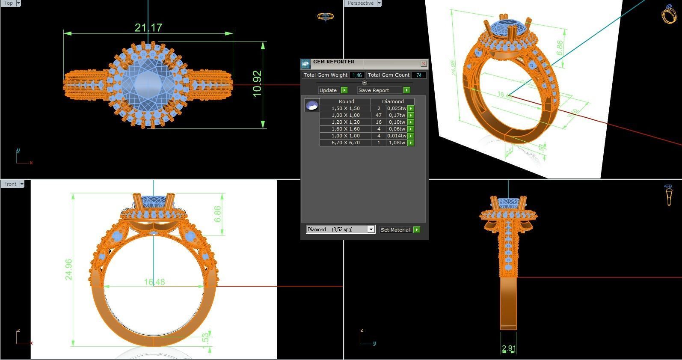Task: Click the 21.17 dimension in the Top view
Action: click(x=148, y=28)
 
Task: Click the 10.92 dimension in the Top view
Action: click(x=257, y=84)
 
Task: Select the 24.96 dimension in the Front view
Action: click(x=68, y=269)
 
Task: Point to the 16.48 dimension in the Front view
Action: click(x=154, y=282)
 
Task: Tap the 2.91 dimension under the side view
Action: click(x=508, y=348)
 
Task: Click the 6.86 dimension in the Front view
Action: click(x=218, y=214)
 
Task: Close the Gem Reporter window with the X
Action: click(x=424, y=63)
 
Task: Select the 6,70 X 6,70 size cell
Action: click(x=345, y=143)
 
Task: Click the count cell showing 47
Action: click(x=378, y=115)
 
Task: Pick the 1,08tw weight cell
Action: click(x=396, y=143)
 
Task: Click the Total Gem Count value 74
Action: click(x=418, y=75)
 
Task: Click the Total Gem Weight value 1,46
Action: click(x=357, y=75)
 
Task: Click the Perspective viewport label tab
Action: click(x=360, y=3)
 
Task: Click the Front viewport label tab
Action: click(x=10, y=184)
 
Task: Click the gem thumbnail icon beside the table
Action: click(x=312, y=105)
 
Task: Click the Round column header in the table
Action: click(x=346, y=101)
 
